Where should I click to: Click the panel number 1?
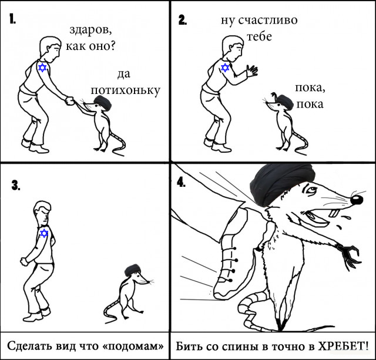click(x=13, y=19)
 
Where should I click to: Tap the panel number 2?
click(x=183, y=20)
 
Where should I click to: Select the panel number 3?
click(x=16, y=185)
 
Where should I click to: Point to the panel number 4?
click(x=181, y=183)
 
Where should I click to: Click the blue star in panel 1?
click(x=42, y=68)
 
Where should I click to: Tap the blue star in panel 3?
click(x=44, y=233)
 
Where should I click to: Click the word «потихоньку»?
click(x=125, y=91)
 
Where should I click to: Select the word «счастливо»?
click(x=268, y=21)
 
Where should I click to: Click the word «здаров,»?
click(x=90, y=31)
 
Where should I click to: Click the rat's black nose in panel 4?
click(x=357, y=200)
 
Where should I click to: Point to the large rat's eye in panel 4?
click(x=311, y=191)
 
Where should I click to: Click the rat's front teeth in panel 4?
click(x=334, y=213)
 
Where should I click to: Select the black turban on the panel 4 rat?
click(x=283, y=184)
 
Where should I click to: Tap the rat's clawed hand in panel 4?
click(x=349, y=254)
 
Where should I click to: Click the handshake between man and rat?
click(x=70, y=101)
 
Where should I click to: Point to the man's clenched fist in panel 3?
click(x=24, y=261)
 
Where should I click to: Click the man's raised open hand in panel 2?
click(x=252, y=70)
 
